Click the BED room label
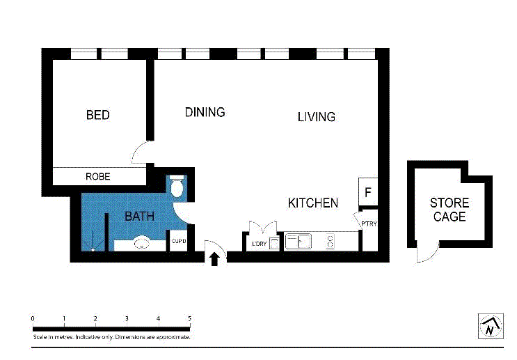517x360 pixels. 97,115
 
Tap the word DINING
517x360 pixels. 205,112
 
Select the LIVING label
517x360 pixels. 316,117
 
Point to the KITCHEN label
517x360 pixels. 313,203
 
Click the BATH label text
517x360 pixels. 139,217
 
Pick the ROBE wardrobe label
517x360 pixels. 97,177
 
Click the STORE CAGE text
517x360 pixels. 450,210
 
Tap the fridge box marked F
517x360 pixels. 368,191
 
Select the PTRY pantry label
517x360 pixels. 369,224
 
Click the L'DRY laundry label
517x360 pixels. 259,243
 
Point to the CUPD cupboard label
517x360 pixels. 179,242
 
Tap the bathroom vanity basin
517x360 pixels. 143,244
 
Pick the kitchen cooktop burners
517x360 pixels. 330,242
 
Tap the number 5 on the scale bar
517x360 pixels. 189,318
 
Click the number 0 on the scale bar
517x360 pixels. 33,318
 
